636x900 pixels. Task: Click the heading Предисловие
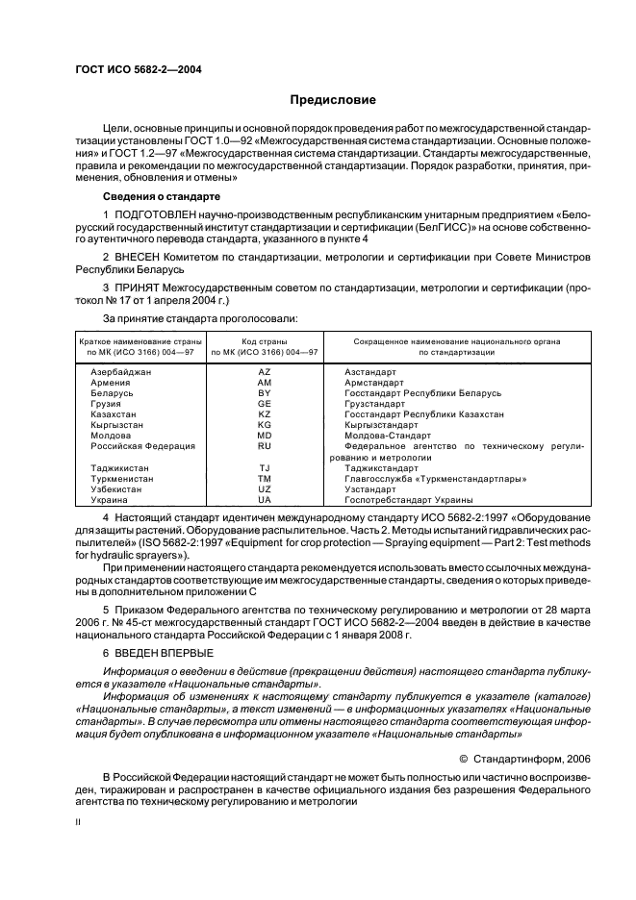click(x=334, y=100)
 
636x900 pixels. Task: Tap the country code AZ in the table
click(x=265, y=370)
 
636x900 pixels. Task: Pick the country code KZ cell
click(x=265, y=414)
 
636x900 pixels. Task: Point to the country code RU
click(x=265, y=446)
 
